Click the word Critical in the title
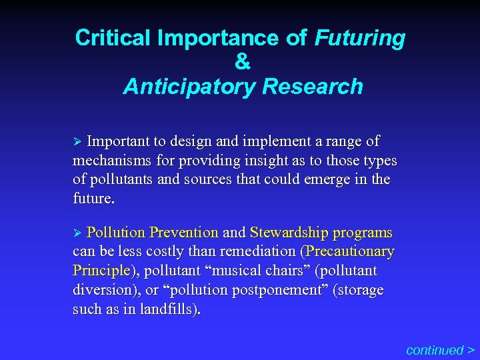(x=113, y=38)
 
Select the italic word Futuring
(x=359, y=38)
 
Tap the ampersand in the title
(x=243, y=62)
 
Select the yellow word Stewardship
(x=289, y=233)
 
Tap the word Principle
(x=101, y=271)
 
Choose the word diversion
(x=101, y=290)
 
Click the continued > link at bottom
(x=440, y=349)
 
